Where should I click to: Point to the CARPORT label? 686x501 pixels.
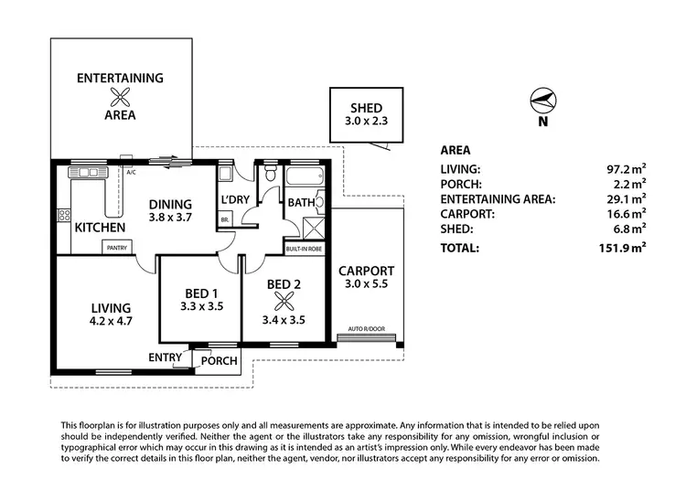click(366, 271)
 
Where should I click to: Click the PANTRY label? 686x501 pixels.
click(117, 247)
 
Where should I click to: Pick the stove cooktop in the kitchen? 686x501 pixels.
click(65, 217)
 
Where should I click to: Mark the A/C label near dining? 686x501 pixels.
click(131, 171)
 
